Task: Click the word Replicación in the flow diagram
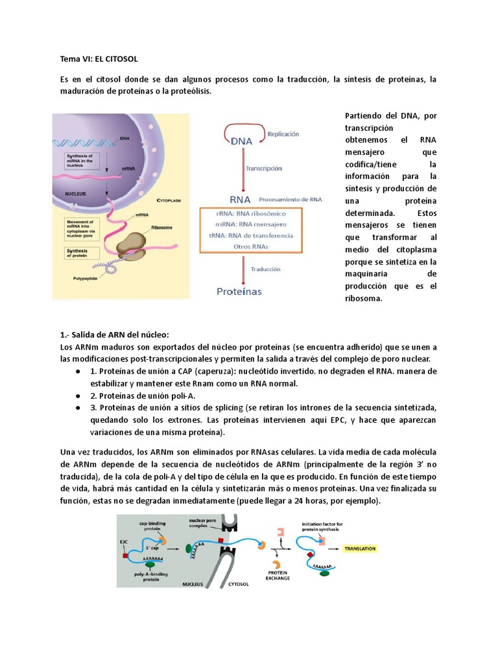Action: (283, 134)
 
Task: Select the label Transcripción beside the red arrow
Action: (264, 167)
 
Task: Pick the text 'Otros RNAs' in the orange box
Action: (255, 246)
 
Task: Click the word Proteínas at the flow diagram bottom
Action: (239, 292)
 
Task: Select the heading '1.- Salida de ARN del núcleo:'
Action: (113, 335)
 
